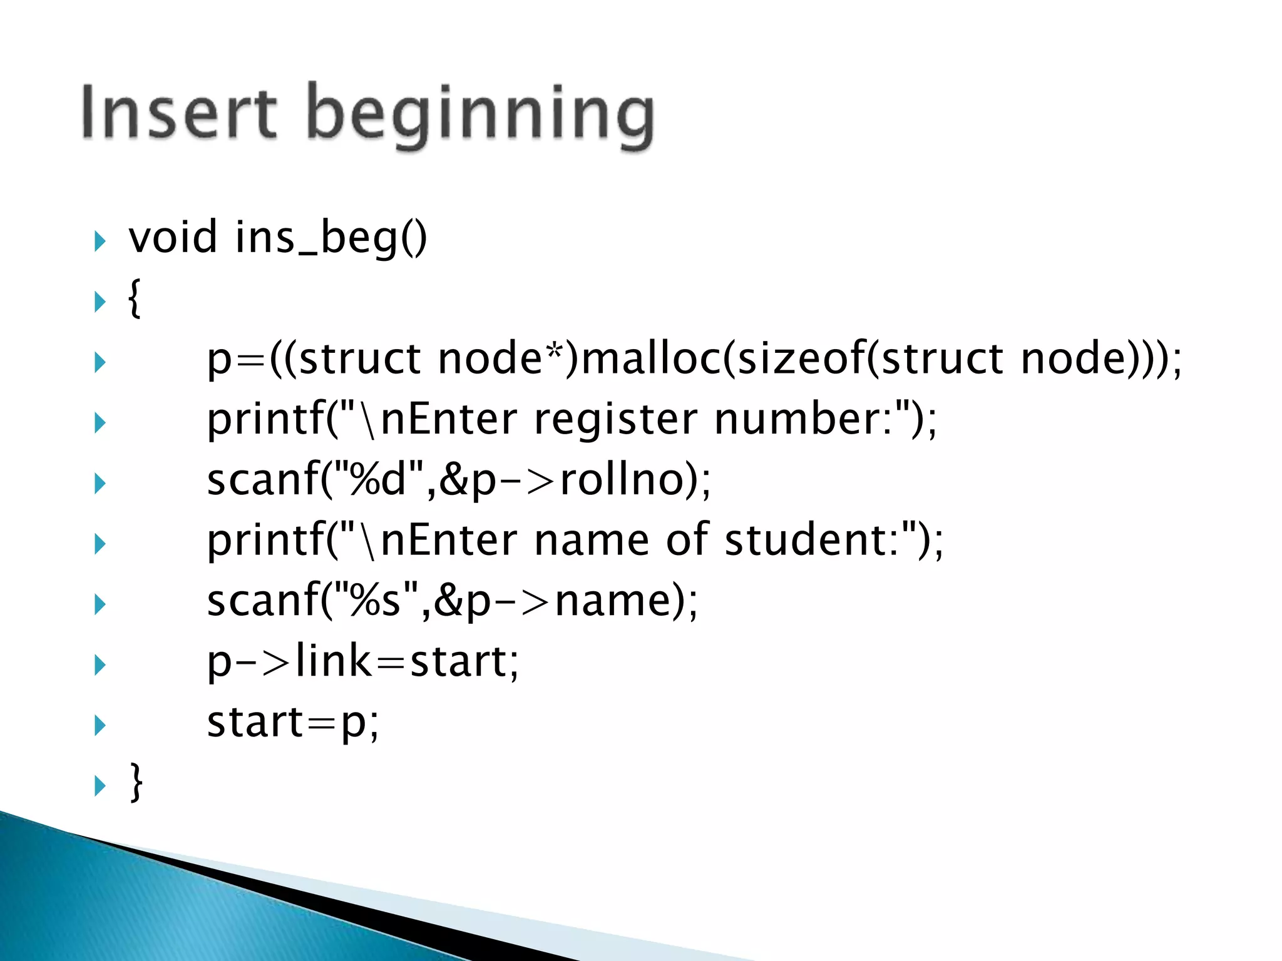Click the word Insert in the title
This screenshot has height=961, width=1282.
pyautogui.click(x=178, y=113)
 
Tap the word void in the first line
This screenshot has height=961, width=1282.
pyautogui.click(x=173, y=237)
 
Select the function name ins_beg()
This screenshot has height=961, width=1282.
pyautogui.click(x=331, y=238)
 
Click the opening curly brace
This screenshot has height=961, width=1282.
pyautogui.click(x=134, y=298)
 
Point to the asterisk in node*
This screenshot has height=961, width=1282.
pyautogui.click(x=553, y=351)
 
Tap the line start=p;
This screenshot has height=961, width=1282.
pyautogui.click(x=293, y=722)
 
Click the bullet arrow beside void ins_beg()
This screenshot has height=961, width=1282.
pyautogui.click(x=100, y=241)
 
